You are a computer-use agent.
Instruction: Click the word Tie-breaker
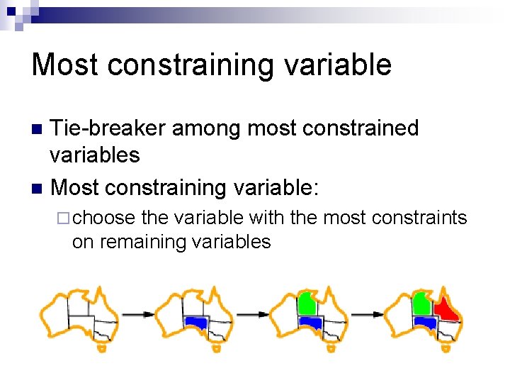tap(108, 128)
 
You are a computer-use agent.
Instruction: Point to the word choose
tap(103, 217)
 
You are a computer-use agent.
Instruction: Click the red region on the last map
tap(446, 310)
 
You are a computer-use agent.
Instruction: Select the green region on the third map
tap(307, 303)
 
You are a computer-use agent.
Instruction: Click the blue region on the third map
tap(310, 323)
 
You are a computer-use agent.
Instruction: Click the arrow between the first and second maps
tap(137, 313)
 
